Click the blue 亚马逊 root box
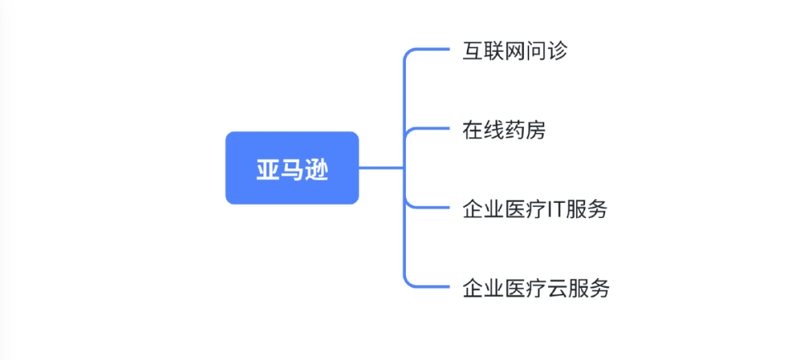pyautogui.click(x=292, y=168)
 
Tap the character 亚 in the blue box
pyautogui.click(x=268, y=169)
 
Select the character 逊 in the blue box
pyautogui.click(x=317, y=169)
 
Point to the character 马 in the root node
pyautogui.click(x=292, y=169)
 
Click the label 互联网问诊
pyautogui.click(x=515, y=52)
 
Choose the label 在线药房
pyautogui.click(x=504, y=131)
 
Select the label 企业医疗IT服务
pyautogui.click(x=535, y=210)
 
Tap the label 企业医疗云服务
pyautogui.click(x=535, y=289)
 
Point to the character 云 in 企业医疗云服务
pyautogui.click(x=556, y=289)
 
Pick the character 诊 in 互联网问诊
pyautogui.click(x=557, y=52)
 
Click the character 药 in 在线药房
pyautogui.click(x=515, y=131)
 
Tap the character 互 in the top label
pyautogui.click(x=473, y=52)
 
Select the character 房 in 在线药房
pyautogui.click(x=535, y=131)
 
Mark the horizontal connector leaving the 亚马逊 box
pyautogui.click(x=381, y=168)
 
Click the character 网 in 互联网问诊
pyautogui.click(x=515, y=52)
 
